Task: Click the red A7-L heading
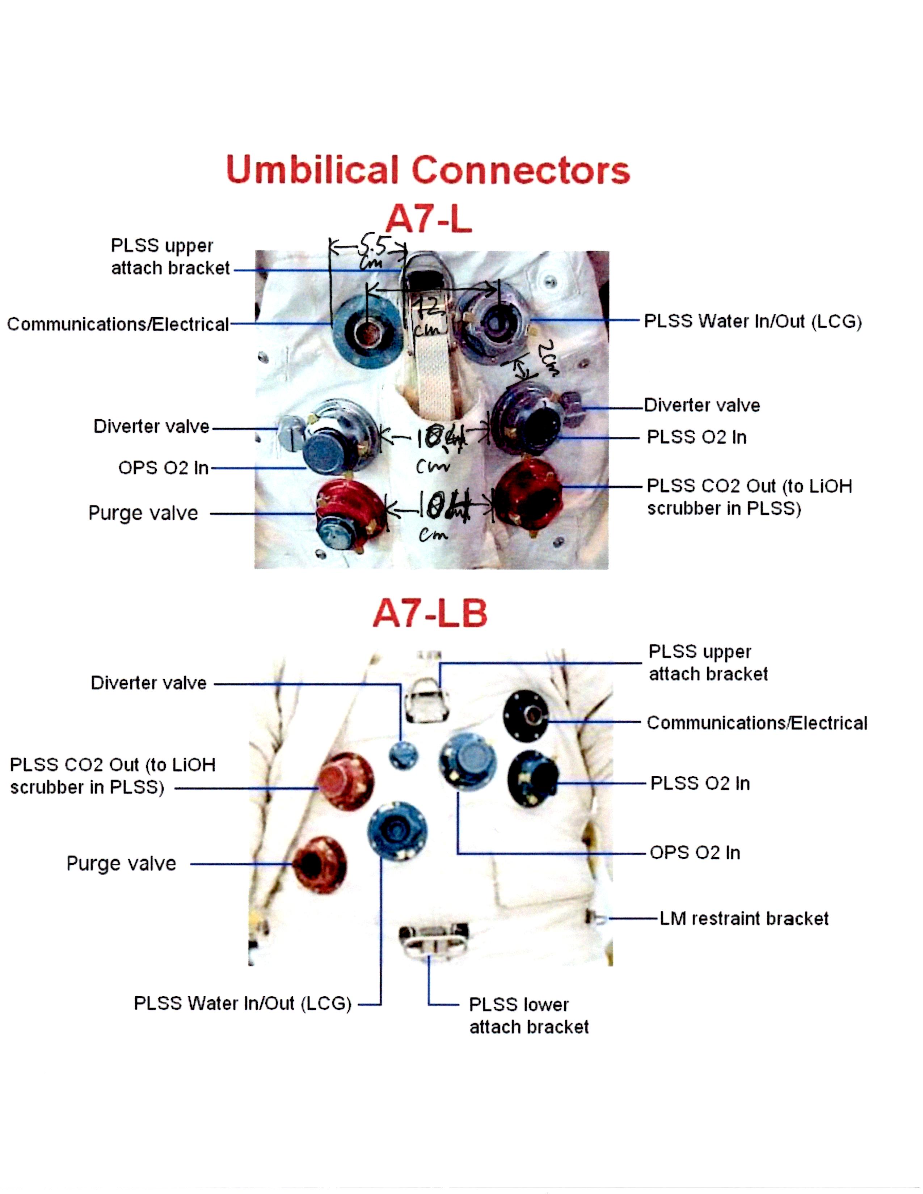coord(428,220)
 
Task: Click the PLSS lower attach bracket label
coord(528,1015)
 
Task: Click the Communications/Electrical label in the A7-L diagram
coord(118,324)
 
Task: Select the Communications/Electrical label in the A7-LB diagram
coord(757,723)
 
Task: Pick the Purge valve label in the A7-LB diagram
coord(121,863)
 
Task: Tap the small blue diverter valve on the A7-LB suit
coord(404,756)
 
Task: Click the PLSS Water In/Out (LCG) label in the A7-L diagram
coord(753,321)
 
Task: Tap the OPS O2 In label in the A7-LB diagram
coord(695,852)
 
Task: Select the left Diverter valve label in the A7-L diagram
coord(151,427)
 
